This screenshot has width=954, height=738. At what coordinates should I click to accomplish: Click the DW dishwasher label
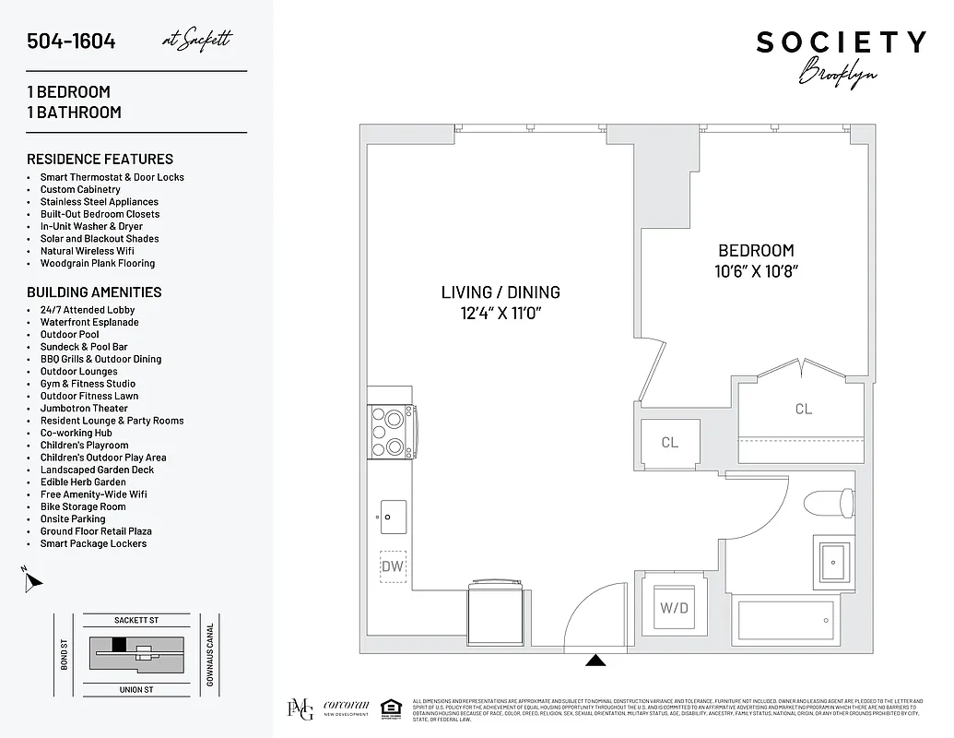(394, 565)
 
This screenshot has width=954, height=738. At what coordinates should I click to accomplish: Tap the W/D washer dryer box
(674, 608)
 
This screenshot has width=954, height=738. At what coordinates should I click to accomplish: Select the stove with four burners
(392, 433)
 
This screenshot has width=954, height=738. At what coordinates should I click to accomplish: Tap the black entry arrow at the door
(596, 660)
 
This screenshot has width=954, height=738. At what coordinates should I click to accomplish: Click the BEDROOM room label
(756, 250)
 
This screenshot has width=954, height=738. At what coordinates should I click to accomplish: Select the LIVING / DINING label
(501, 292)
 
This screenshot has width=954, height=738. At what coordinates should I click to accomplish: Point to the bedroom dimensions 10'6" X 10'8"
(756, 271)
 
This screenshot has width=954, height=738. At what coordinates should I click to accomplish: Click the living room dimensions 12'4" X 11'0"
(501, 314)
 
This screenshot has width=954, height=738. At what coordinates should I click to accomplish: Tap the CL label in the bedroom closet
(804, 409)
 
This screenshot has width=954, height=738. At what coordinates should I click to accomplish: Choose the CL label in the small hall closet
(670, 443)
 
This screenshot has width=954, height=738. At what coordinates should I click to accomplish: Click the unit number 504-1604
(71, 41)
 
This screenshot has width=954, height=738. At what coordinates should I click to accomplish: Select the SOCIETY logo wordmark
(841, 42)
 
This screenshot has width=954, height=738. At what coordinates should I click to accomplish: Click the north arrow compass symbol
(33, 580)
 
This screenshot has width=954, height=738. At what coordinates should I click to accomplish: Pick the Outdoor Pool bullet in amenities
(70, 335)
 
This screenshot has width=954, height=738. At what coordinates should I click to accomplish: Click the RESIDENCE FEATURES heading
(100, 159)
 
